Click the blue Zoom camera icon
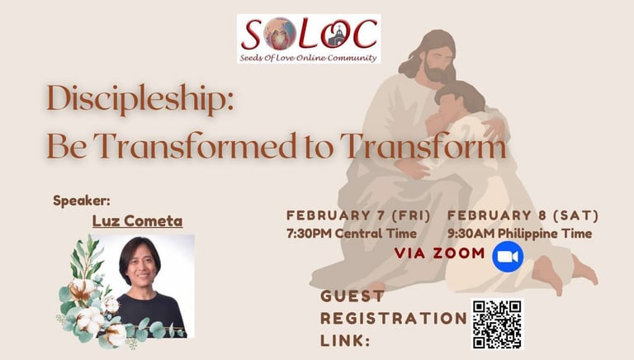point(508,257)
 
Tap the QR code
point(497,324)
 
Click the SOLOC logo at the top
point(309,39)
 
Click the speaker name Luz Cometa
point(138,220)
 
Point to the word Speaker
point(81,201)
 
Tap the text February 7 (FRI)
point(358,216)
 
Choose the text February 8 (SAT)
point(523,216)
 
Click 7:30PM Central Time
point(352,234)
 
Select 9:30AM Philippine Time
point(519,234)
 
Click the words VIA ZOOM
point(439,253)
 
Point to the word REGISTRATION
point(394,319)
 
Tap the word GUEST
point(352,296)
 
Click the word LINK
point(345,340)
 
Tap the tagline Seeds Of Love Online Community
point(308,58)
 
